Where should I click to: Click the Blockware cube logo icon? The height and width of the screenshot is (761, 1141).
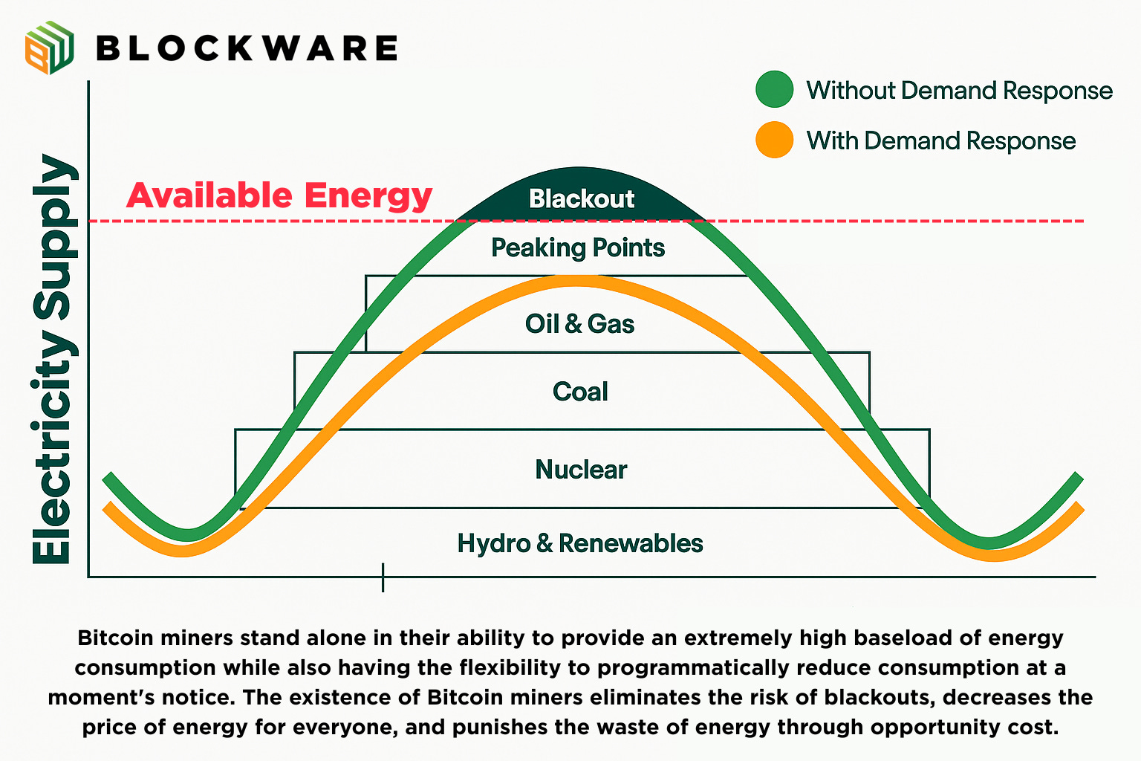tap(49, 48)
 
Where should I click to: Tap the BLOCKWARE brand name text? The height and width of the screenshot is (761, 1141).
tap(247, 48)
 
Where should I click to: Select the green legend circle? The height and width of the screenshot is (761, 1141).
tap(774, 90)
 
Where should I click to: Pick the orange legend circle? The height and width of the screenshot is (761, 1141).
tap(774, 140)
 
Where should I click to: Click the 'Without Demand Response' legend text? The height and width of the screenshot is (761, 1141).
tap(959, 91)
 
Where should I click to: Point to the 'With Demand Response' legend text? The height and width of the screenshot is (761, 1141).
tap(940, 140)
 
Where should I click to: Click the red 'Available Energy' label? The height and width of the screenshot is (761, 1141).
tap(279, 195)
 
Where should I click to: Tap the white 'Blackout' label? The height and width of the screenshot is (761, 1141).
tap(582, 199)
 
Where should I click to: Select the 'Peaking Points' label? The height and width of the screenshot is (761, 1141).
tap(578, 247)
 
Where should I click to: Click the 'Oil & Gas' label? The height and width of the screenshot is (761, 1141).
tap(579, 324)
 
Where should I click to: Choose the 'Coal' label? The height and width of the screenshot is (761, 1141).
tap(580, 392)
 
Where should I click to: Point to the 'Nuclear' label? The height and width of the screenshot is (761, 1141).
tap(581, 470)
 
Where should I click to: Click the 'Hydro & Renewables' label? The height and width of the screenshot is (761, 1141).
tap(579, 543)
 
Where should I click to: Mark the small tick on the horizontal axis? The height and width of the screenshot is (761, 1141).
tap(383, 577)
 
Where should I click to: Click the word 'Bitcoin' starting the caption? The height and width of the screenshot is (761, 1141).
tap(116, 638)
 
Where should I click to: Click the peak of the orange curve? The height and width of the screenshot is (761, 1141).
tap(576, 281)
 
